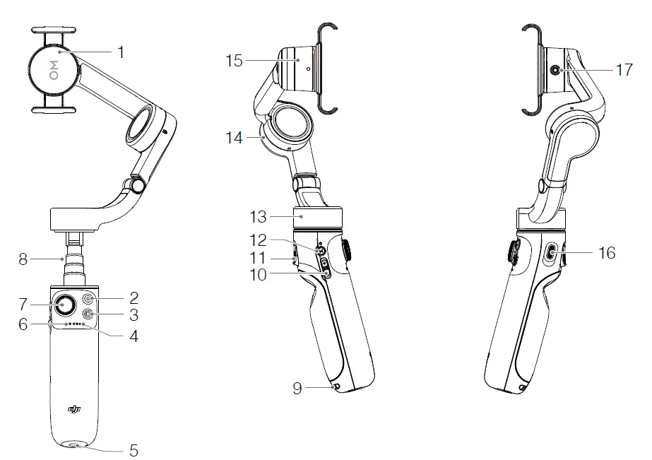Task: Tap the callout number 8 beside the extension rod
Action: [24, 259]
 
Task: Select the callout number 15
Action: [234, 61]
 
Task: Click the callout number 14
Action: [234, 138]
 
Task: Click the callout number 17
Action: [624, 69]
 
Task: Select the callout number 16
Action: [607, 252]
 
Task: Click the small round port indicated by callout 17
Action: [555, 70]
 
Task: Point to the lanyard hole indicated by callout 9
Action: [335, 387]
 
